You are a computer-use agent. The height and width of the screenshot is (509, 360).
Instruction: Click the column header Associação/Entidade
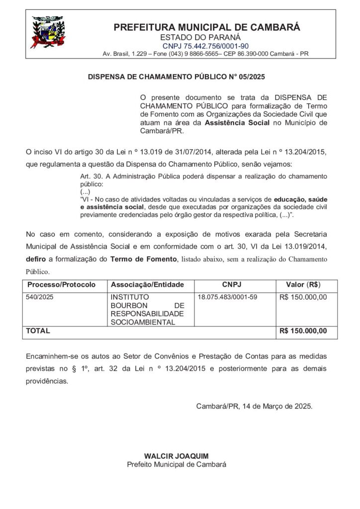144,285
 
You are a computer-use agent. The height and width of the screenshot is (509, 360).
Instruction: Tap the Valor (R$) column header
303,285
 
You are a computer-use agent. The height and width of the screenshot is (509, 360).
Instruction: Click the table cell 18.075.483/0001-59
227,297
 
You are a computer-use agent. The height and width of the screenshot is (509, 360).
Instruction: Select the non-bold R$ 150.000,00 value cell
303,297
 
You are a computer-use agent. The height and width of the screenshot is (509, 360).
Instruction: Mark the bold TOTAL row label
37,331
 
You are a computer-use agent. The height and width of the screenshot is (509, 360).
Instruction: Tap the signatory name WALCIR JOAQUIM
177,456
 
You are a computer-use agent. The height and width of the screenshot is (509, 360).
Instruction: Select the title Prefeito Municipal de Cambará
177,464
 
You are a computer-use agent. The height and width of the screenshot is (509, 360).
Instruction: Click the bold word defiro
36,259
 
